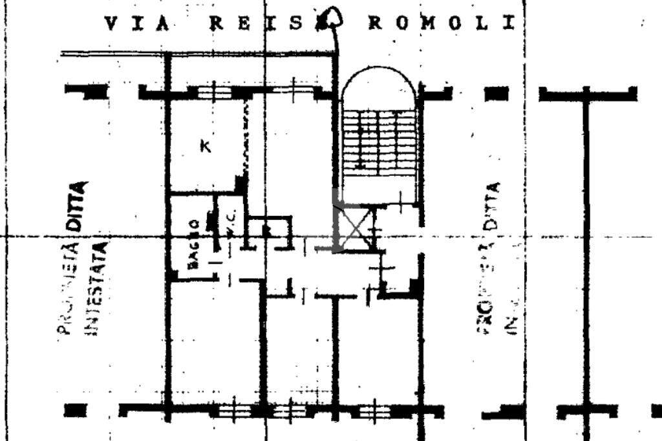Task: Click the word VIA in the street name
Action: [136, 24]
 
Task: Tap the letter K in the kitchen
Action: [205, 147]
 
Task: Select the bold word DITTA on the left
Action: [77, 206]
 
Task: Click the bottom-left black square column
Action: [76, 411]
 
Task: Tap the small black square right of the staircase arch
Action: [496, 94]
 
